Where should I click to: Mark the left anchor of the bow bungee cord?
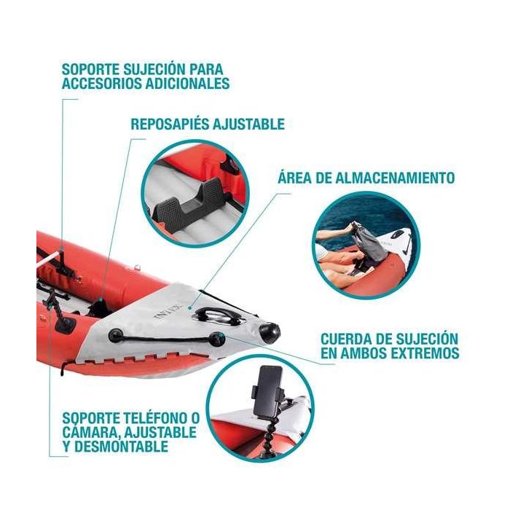[x=114, y=336]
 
